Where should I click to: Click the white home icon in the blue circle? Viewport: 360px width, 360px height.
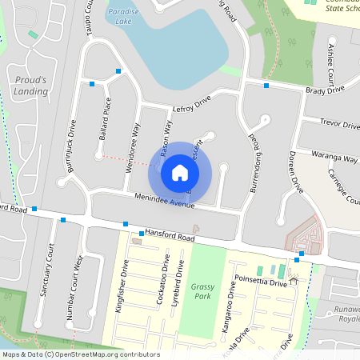(179, 172)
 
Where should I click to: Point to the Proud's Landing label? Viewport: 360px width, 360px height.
(31, 86)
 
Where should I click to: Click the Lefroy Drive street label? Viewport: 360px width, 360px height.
(191, 103)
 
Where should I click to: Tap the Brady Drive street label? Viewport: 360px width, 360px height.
(326, 90)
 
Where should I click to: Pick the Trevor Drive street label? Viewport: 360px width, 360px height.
(340, 123)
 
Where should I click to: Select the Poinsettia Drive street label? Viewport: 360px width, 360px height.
(259, 282)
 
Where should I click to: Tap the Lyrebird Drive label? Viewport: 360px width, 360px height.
(181, 279)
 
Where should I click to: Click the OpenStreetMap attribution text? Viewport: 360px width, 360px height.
(80, 354)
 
